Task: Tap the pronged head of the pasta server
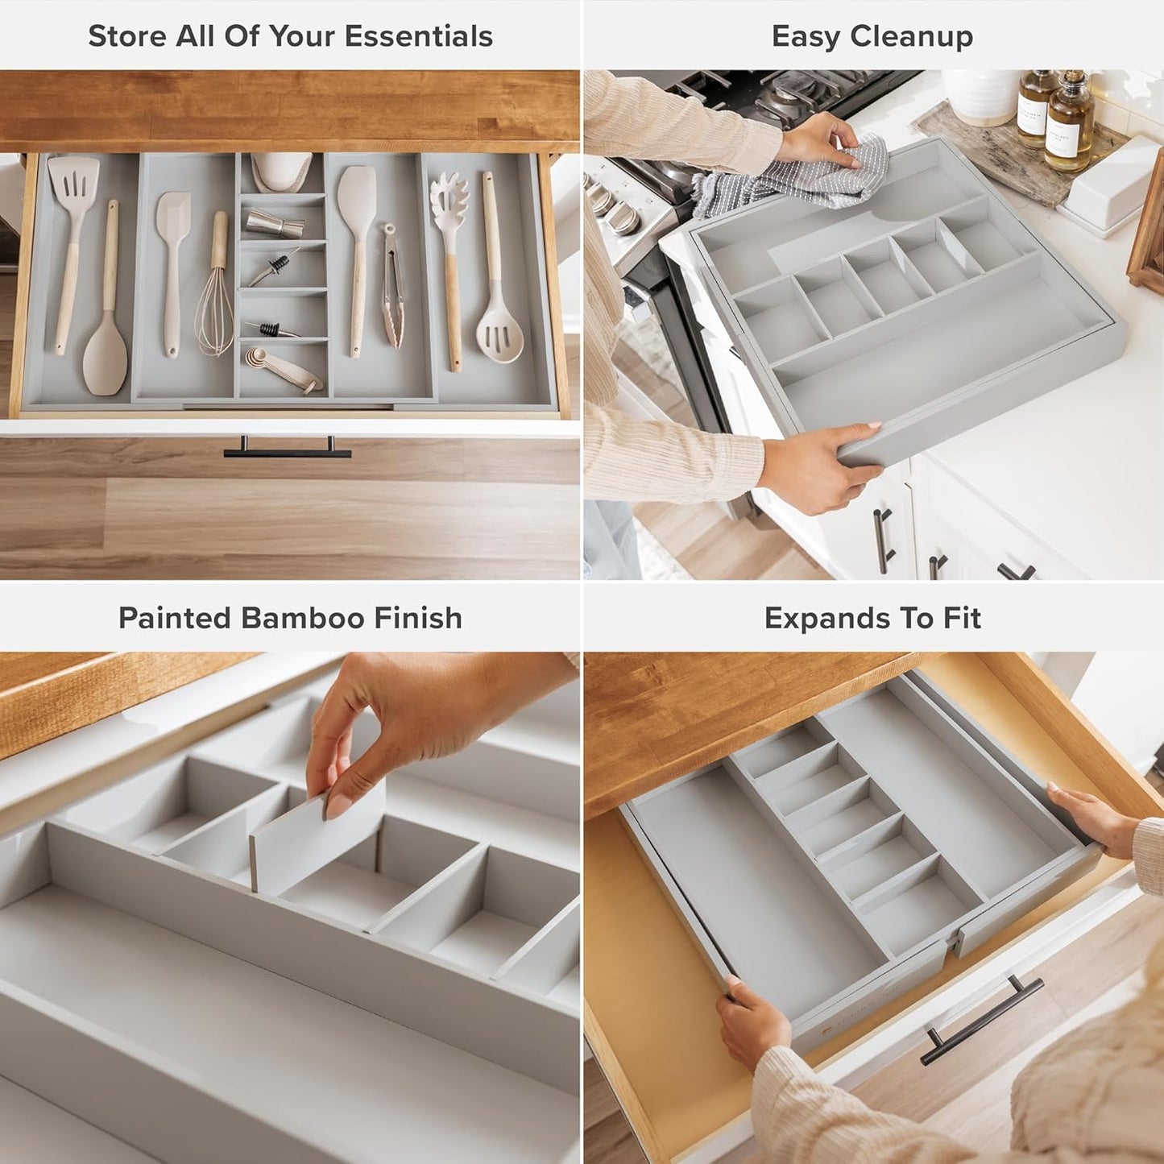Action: click(x=449, y=201)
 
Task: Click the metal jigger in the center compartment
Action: click(x=274, y=222)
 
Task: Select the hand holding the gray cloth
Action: click(x=818, y=141)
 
